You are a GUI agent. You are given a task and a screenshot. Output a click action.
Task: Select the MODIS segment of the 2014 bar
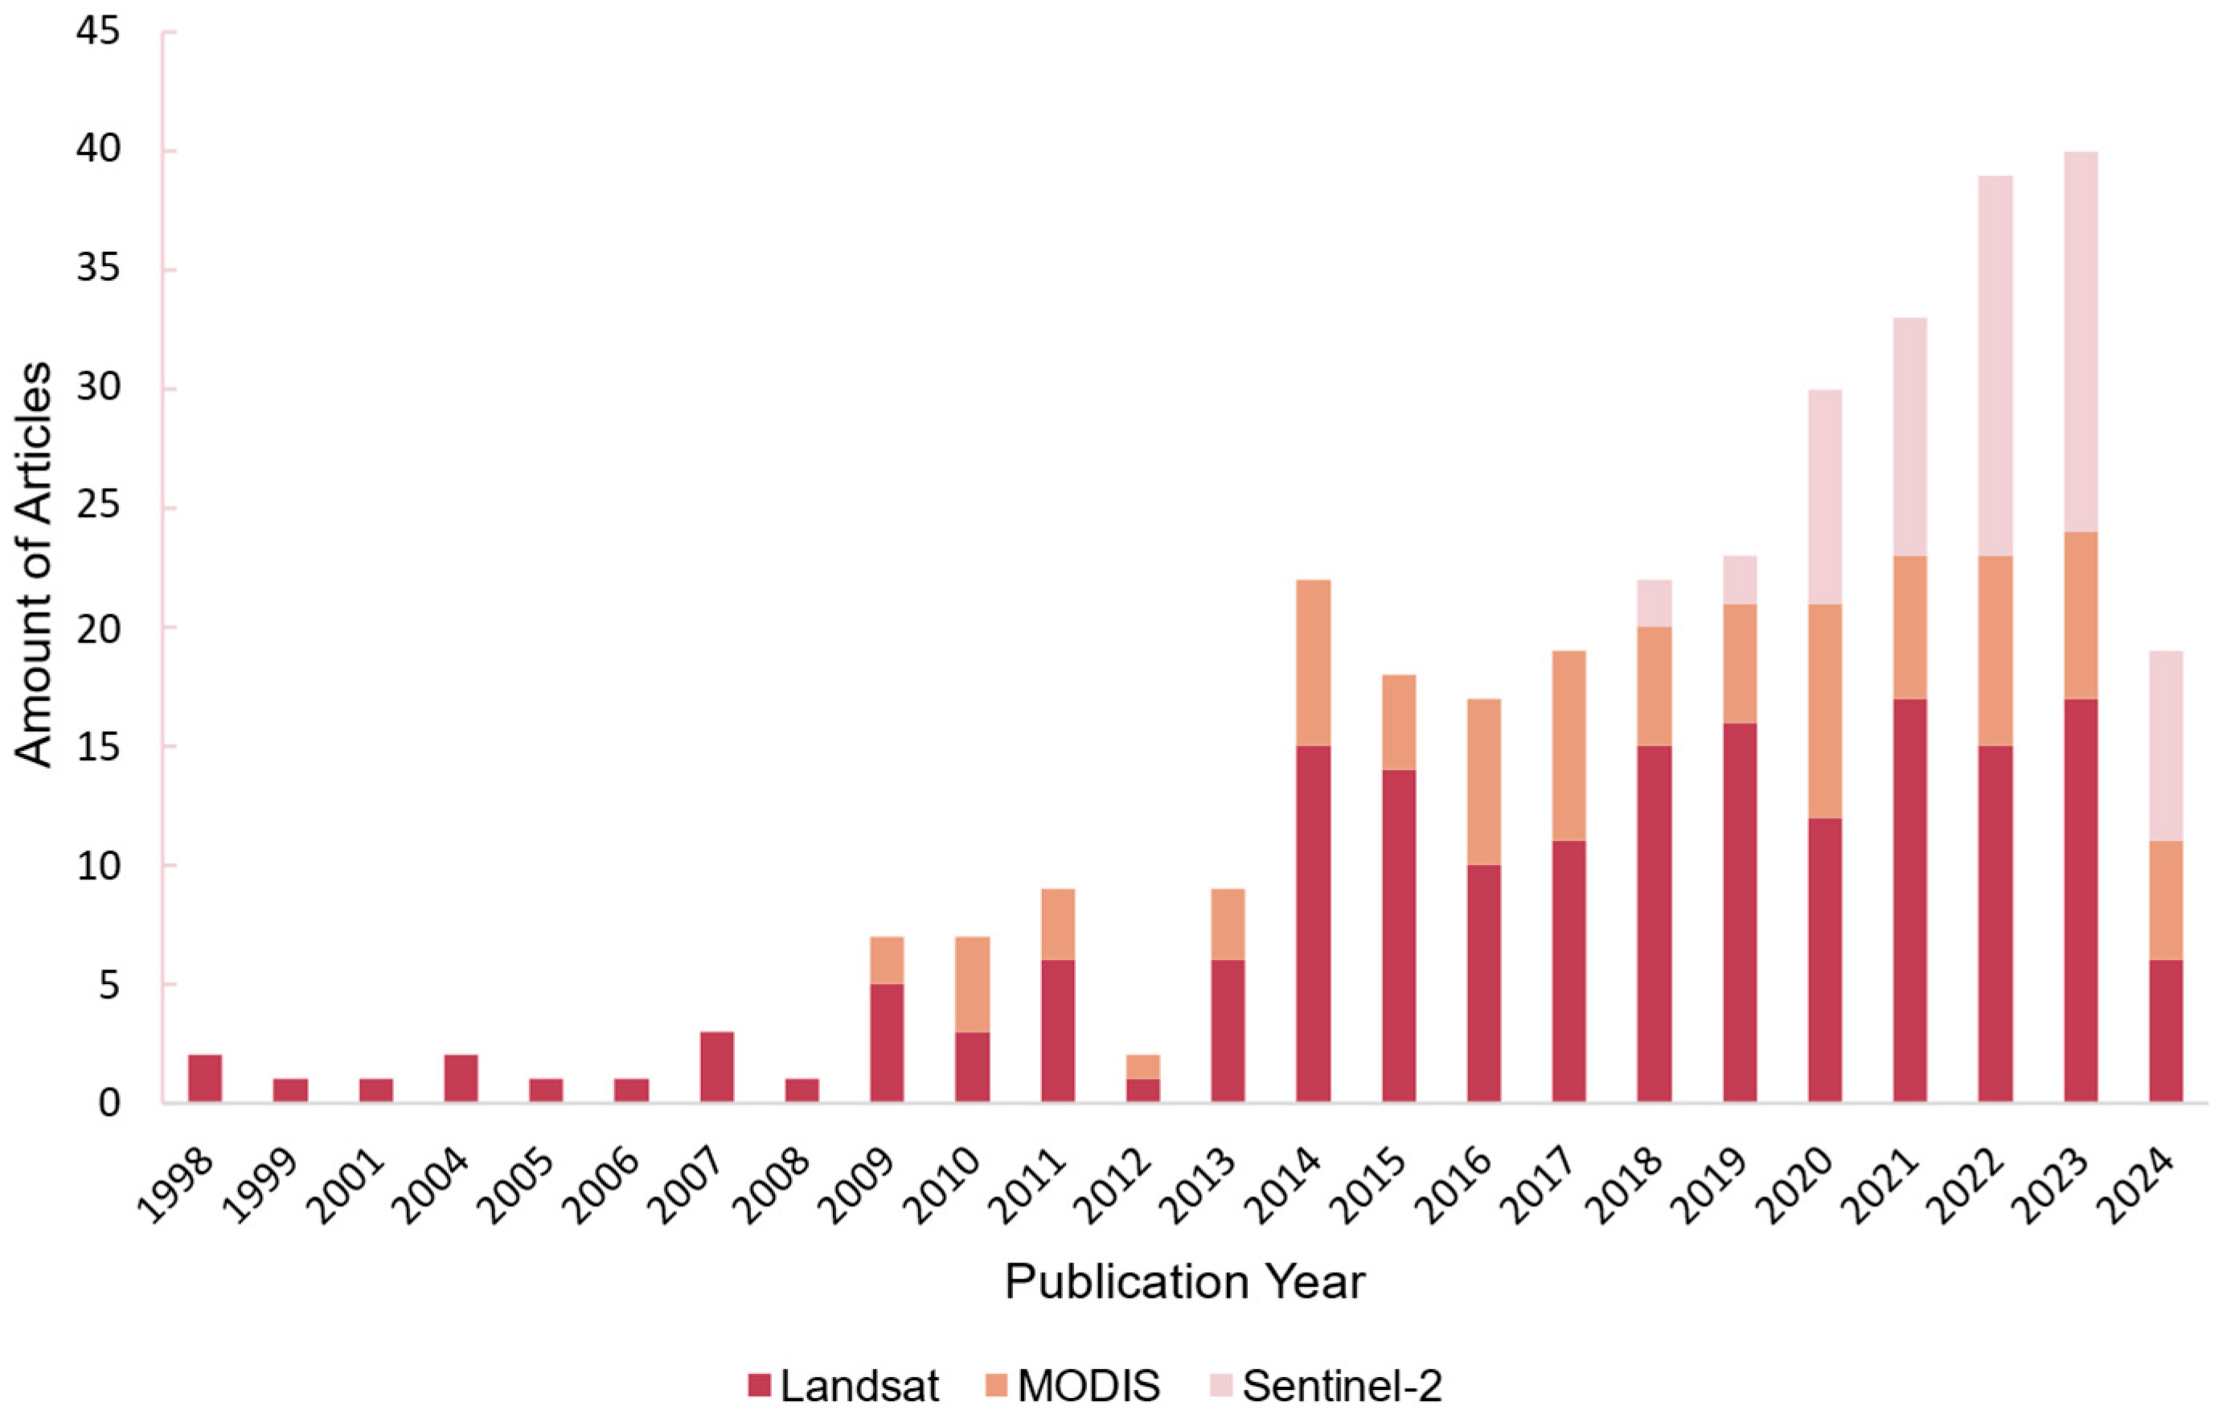pyautogui.click(x=1313, y=662)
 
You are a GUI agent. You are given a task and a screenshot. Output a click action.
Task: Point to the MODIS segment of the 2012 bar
pyautogui.click(x=1142, y=1067)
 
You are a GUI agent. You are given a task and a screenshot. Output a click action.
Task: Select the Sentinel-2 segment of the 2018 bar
pyautogui.click(x=1654, y=603)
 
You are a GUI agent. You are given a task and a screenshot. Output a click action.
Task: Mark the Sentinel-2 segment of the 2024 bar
pyautogui.click(x=2166, y=746)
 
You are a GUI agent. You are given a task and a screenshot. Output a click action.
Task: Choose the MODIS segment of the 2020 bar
pyautogui.click(x=1825, y=711)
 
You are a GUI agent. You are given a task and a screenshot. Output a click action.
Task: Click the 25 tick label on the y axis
pyautogui.click(x=99, y=508)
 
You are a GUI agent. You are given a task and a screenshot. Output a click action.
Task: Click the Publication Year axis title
pyautogui.click(x=1184, y=1282)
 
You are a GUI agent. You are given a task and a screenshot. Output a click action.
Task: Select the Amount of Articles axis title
pyautogui.click(x=35, y=565)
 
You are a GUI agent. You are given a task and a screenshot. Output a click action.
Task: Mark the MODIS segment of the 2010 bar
pyautogui.click(x=972, y=984)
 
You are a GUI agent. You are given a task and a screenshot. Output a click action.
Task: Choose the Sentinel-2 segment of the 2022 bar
pyautogui.click(x=1995, y=365)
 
